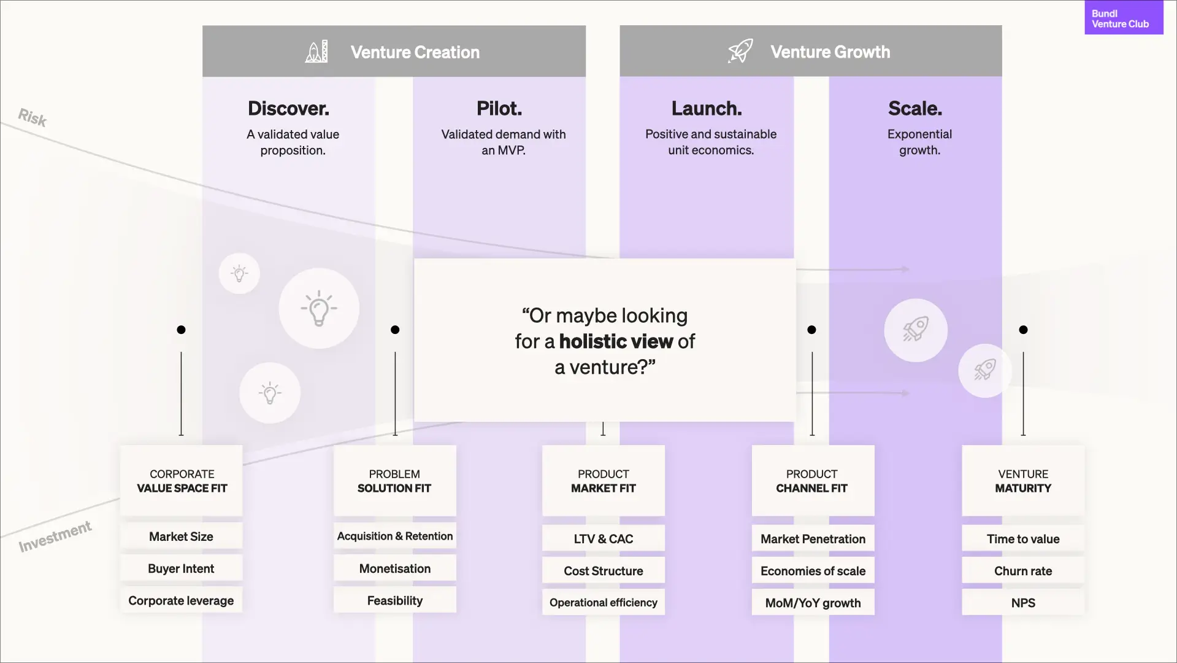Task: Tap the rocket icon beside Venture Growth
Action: click(x=740, y=51)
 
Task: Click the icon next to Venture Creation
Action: click(x=316, y=52)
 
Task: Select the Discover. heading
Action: click(x=288, y=109)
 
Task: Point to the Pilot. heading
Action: click(x=499, y=109)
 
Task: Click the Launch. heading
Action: click(x=707, y=109)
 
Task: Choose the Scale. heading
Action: click(x=915, y=109)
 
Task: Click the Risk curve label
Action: click(x=33, y=117)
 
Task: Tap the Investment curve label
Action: click(x=55, y=536)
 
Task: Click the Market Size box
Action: click(x=181, y=537)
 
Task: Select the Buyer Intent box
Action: click(x=181, y=568)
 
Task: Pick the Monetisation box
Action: click(x=395, y=568)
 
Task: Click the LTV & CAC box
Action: click(x=604, y=539)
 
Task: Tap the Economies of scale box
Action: click(x=813, y=571)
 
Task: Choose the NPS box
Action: click(x=1023, y=603)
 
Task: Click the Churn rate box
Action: click(x=1023, y=571)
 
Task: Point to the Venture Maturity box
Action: click(x=1023, y=481)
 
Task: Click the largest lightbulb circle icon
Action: click(x=319, y=308)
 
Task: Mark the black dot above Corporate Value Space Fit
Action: click(x=181, y=330)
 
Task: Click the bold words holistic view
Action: click(x=616, y=341)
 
